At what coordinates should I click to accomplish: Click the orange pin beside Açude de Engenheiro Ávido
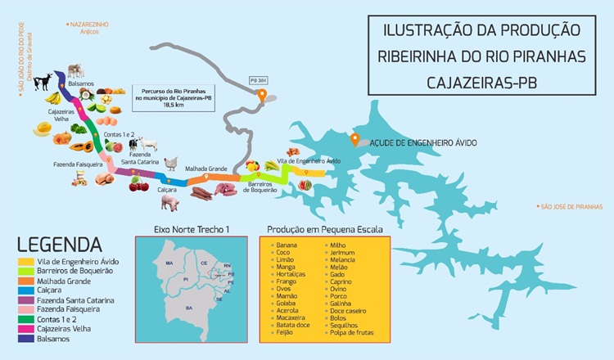click(x=354, y=137)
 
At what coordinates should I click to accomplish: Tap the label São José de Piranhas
click(x=572, y=207)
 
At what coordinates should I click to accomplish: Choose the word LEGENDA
click(x=59, y=244)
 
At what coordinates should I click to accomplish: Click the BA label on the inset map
click(x=189, y=308)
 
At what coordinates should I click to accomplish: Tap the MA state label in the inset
click(x=169, y=263)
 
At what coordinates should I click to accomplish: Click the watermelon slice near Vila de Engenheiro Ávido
click(x=305, y=185)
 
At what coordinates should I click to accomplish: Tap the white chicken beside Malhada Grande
click(x=171, y=164)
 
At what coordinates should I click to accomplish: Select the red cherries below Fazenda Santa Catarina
click(x=138, y=184)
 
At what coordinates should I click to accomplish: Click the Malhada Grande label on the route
click(x=206, y=169)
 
